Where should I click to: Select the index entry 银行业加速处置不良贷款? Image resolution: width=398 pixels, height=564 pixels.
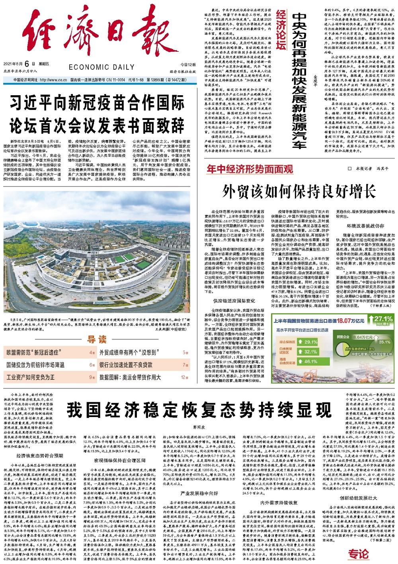pos(126,364)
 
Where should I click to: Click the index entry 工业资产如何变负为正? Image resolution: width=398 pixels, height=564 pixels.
pos(30,376)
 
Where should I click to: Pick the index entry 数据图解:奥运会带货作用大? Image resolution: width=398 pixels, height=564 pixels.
pos(131,376)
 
